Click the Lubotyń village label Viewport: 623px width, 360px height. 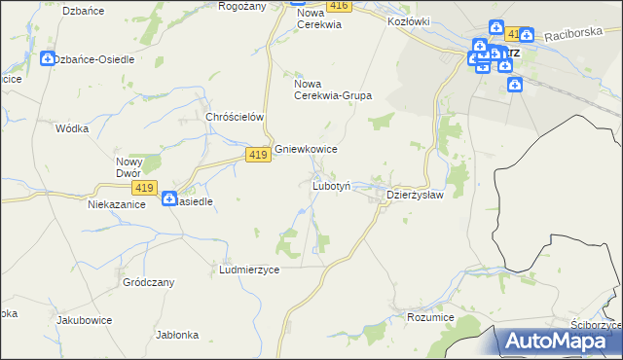[x=337, y=185]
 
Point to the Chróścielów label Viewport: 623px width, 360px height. [x=236, y=117]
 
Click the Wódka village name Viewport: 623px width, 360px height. [x=73, y=128]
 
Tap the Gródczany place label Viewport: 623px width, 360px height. [x=148, y=282]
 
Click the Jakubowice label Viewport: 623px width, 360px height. [x=85, y=320]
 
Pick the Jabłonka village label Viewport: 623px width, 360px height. [x=177, y=335]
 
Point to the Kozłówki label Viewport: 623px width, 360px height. [x=409, y=20]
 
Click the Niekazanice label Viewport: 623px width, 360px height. [x=117, y=204]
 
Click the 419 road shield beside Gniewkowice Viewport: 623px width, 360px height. [x=257, y=156]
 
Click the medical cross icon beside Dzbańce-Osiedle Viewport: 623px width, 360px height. [x=48, y=59]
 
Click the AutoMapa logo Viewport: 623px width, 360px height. [x=561, y=341]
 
